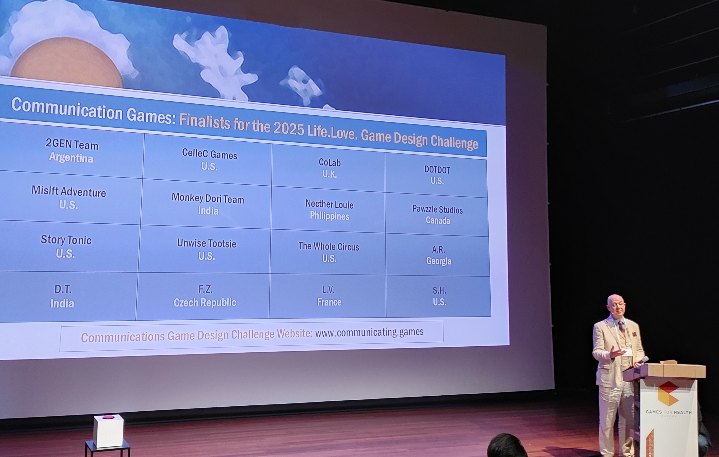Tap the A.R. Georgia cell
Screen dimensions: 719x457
tap(438, 255)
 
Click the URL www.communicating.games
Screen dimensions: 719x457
tap(369, 332)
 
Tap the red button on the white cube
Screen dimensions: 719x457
tap(108, 417)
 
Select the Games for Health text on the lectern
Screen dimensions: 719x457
tap(669, 412)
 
